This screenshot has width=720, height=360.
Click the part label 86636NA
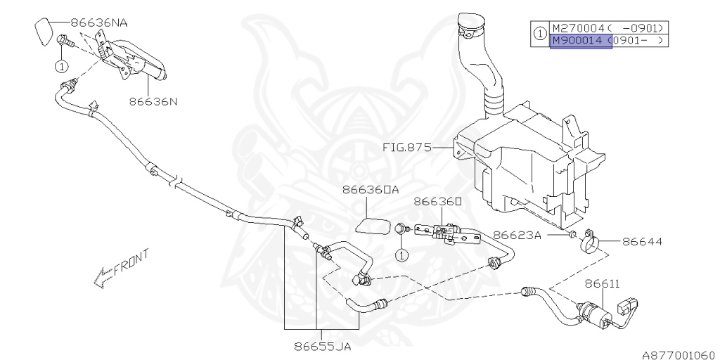point(99,22)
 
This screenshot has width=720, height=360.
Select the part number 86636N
point(153,101)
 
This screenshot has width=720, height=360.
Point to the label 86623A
point(517,235)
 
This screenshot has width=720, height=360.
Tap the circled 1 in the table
point(539,33)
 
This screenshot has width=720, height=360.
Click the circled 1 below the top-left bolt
point(61,67)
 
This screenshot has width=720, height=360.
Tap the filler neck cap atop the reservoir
point(470,27)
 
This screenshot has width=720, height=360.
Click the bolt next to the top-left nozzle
point(63,43)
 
